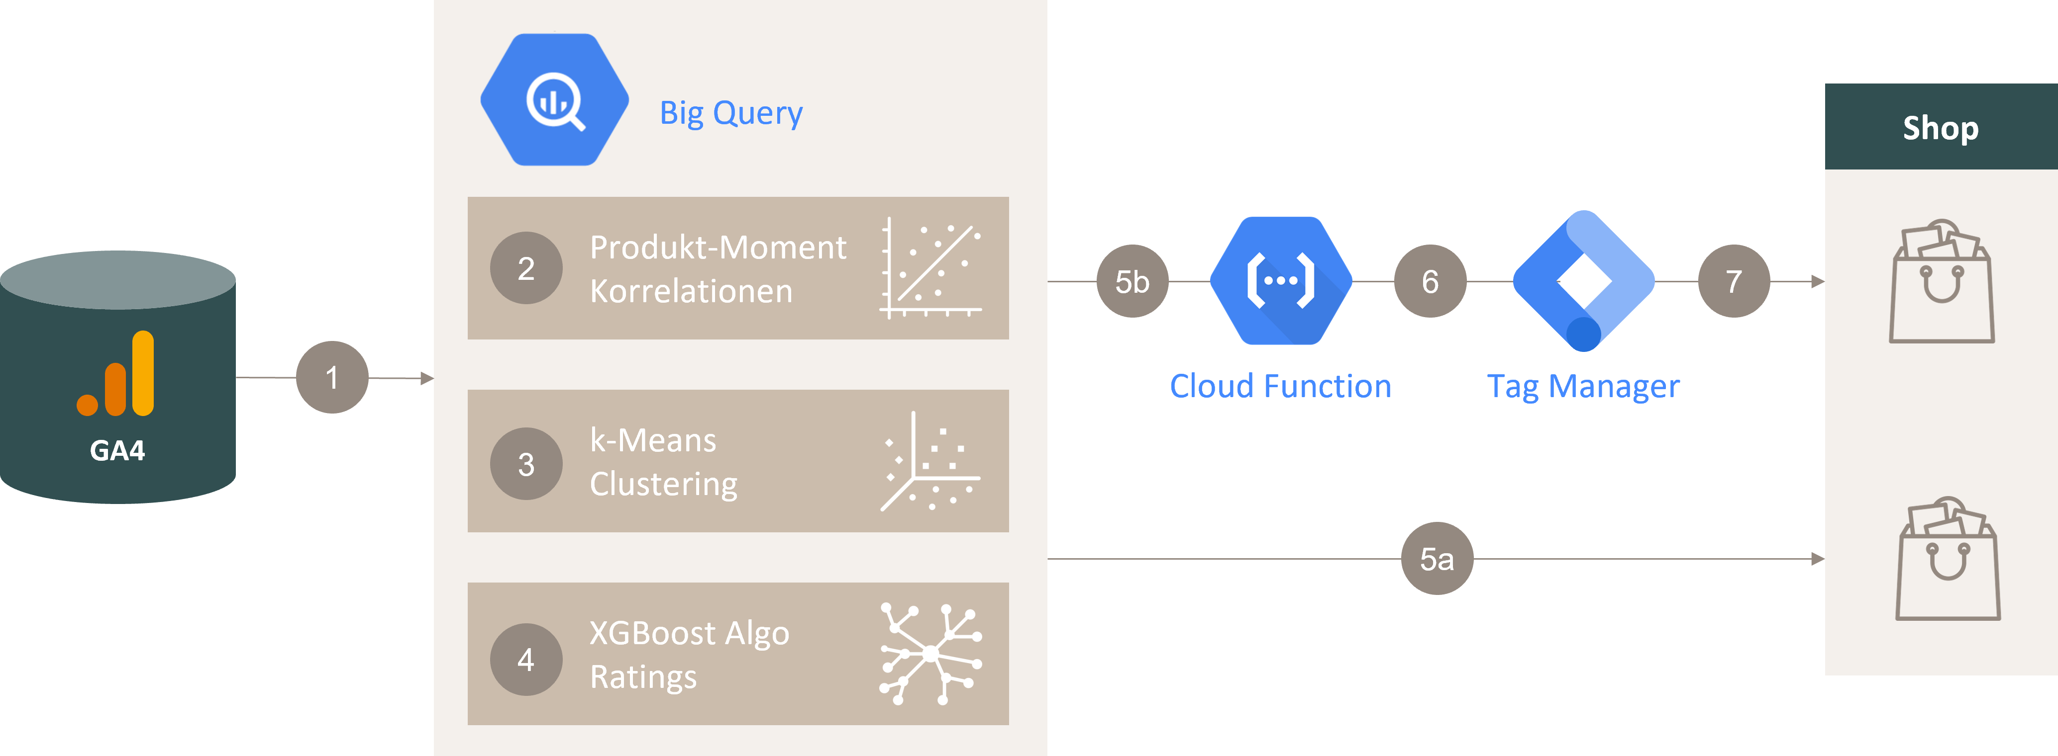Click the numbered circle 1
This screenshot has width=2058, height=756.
coord(331,378)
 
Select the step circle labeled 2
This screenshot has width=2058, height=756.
coord(525,268)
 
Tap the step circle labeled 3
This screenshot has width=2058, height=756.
coord(525,464)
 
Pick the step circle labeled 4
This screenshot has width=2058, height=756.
coord(525,660)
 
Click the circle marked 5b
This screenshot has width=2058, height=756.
coord(1132,281)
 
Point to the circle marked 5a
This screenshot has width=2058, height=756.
coord(1437,559)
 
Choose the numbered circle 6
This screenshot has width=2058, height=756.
coord(1430,281)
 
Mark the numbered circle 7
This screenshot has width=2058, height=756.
coord(1733,281)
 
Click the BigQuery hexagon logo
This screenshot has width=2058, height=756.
coord(554,100)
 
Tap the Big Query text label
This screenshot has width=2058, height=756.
coord(730,113)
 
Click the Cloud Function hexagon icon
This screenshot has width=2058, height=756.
coord(1281,281)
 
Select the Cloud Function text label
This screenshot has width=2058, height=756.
coord(1280,386)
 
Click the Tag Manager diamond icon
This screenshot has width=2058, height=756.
coord(1583,281)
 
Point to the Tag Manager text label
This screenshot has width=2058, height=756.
coord(1583,386)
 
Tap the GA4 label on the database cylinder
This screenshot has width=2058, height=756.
coord(117,451)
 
